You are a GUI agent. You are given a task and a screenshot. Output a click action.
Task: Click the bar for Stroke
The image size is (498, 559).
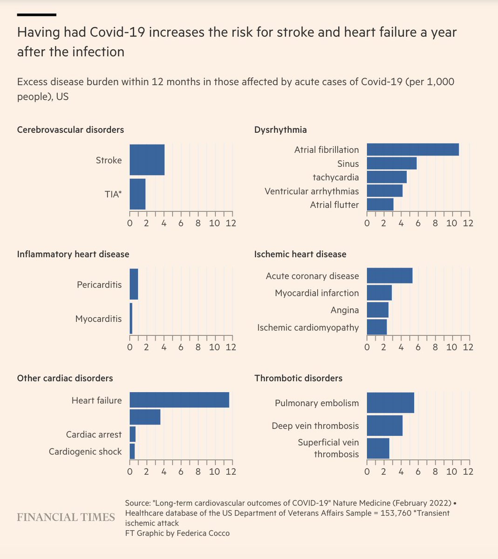coord(147,160)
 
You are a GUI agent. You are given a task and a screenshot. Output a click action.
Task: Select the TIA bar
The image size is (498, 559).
coord(137,194)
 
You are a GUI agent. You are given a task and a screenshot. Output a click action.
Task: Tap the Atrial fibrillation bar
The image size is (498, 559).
coord(412,150)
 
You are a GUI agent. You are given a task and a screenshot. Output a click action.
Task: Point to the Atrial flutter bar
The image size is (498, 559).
coord(380,205)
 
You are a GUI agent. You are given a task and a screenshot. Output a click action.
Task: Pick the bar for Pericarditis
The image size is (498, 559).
coord(134,284)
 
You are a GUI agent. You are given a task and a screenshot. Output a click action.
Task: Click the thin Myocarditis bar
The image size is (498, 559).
coord(131,319)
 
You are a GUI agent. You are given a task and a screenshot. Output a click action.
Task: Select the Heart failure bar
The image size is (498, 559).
coord(179,400)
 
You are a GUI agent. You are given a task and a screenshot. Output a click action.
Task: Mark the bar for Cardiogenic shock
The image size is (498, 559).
coord(132,451)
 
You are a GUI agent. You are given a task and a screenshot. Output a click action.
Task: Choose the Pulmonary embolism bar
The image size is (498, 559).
coord(390,403)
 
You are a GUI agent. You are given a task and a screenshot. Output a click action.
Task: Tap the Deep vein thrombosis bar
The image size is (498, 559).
coord(384,426)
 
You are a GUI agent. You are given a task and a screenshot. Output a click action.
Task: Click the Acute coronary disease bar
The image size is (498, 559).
coord(389,276)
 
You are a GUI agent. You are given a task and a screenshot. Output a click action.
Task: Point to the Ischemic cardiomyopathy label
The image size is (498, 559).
coord(308,327)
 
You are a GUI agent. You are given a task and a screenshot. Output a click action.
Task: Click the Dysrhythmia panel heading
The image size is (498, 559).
coord(280,130)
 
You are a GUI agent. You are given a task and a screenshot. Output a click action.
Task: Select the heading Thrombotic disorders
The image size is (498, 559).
coord(298,378)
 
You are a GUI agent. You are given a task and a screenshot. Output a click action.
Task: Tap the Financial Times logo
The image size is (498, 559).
coord(66,517)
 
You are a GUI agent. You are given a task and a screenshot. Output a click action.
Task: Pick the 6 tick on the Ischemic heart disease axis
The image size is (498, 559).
coord(418,347)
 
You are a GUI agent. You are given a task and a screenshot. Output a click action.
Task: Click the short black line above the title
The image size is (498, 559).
coord(37,15)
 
